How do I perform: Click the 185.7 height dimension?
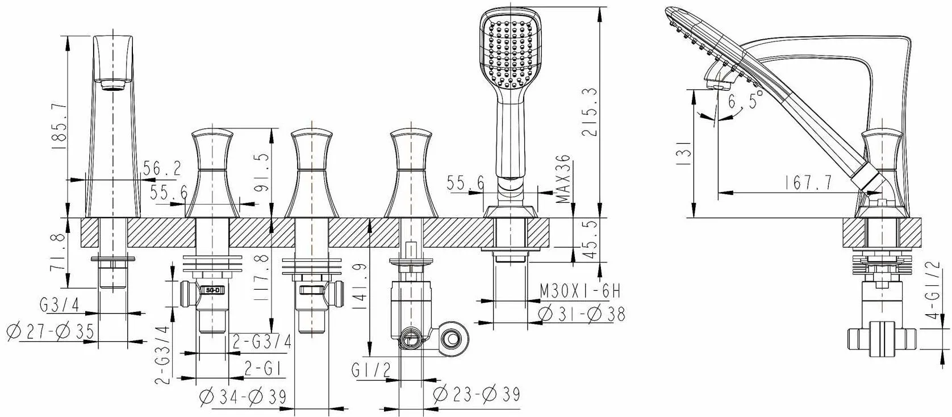click(x=59, y=127)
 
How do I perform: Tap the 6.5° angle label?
click(x=745, y=101)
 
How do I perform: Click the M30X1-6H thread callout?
click(x=580, y=291)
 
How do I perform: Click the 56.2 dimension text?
click(x=162, y=169)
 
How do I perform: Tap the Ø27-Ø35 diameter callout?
click(x=51, y=332)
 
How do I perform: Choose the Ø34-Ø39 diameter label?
click(x=243, y=397)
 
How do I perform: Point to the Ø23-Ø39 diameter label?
click(x=477, y=394)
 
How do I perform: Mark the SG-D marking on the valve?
click(x=214, y=291)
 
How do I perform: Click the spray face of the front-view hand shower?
click(x=511, y=53)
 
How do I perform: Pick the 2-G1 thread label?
click(x=263, y=369)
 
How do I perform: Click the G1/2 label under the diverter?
click(x=371, y=370)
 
